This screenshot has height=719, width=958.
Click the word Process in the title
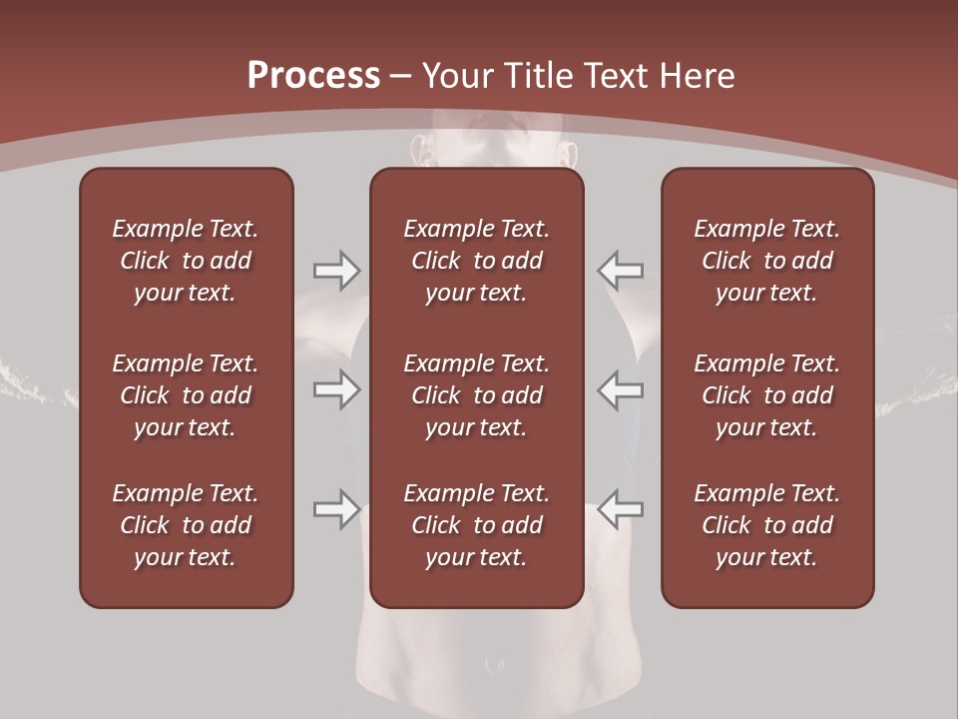313,76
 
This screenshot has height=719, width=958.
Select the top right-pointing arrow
336,270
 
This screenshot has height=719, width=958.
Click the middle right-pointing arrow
336,388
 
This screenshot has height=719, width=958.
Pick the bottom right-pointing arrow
336,508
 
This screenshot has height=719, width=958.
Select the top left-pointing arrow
620,270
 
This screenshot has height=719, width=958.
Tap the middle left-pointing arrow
620,388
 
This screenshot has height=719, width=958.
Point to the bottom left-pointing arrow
620,508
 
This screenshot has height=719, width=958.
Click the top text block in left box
186,261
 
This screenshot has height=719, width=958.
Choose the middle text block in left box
186,395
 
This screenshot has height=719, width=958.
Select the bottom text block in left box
186,525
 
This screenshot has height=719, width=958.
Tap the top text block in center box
476,261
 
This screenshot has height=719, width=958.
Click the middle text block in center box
476,395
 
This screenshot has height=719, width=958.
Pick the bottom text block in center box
476,525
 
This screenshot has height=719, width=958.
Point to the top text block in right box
766,261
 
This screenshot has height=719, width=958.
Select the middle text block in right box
766,395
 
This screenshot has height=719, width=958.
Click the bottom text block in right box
766,525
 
